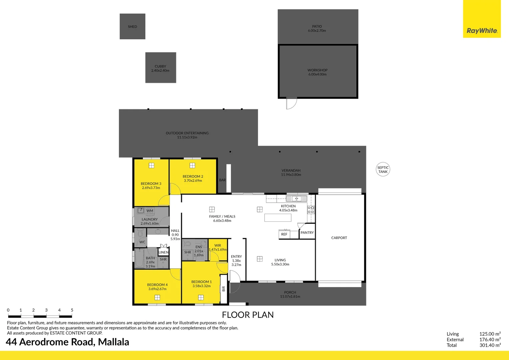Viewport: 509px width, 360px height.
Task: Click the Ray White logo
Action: coord(482,31)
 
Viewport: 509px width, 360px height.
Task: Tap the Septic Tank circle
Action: coord(383,170)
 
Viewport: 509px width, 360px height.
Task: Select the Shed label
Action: coord(132,27)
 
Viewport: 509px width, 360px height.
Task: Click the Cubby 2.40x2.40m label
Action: coord(160,68)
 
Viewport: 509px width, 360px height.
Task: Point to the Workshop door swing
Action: coord(291,104)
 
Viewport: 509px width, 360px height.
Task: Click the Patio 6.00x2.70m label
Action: coord(317,28)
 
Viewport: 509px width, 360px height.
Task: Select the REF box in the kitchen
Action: coord(284,234)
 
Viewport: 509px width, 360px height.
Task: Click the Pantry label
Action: coord(307,233)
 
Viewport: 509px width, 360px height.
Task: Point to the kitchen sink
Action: coord(296,199)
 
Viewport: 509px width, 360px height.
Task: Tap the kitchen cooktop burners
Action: coord(311,210)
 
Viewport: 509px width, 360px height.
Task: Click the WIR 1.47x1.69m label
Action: coord(218,247)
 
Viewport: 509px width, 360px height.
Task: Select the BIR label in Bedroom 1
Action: coord(224,289)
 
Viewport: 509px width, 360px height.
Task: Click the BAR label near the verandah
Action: coord(222,180)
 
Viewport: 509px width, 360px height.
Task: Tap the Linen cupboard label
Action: coord(163,252)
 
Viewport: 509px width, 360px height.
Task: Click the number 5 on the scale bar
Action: coord(72,310)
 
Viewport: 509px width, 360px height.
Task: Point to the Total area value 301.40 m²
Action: coord(490,345)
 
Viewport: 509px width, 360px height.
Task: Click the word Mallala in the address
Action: coord(114,342)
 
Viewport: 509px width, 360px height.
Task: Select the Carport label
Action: coord(339,238)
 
